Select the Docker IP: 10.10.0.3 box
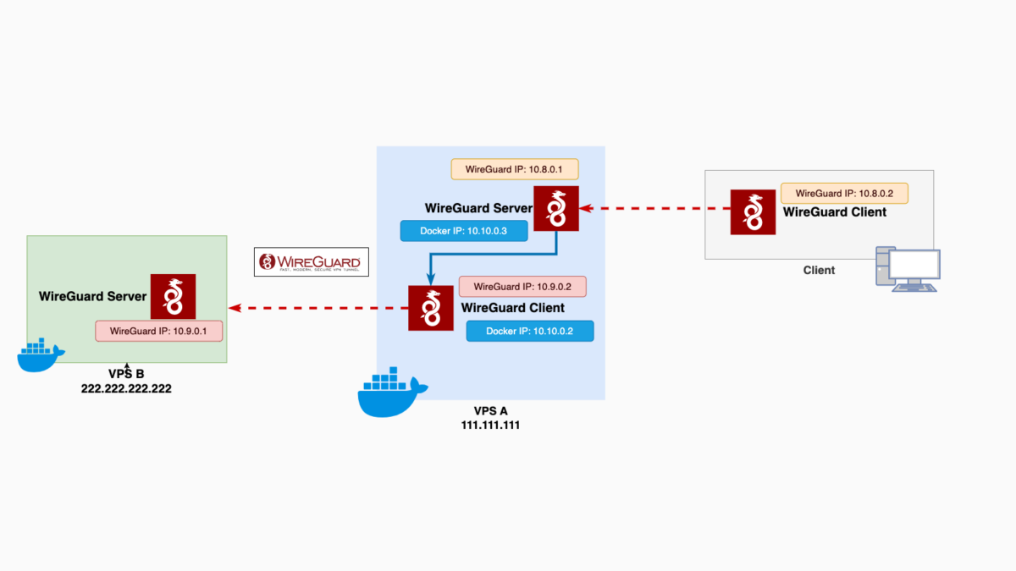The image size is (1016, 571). pos(463,231)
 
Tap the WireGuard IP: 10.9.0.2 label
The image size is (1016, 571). pos(522,286)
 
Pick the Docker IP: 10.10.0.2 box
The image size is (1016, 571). pos(529,331)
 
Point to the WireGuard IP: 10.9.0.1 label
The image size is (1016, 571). pos(158,331)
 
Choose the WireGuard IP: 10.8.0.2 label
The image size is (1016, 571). pos(844,193)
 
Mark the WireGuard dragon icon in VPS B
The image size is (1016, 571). pos(173,296)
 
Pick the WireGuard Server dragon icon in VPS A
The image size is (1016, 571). pos(555,208)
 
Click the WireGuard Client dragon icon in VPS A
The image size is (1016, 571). pos(430,308)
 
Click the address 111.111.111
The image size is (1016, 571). pos(490,426)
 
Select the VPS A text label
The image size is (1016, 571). pos(490,411)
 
